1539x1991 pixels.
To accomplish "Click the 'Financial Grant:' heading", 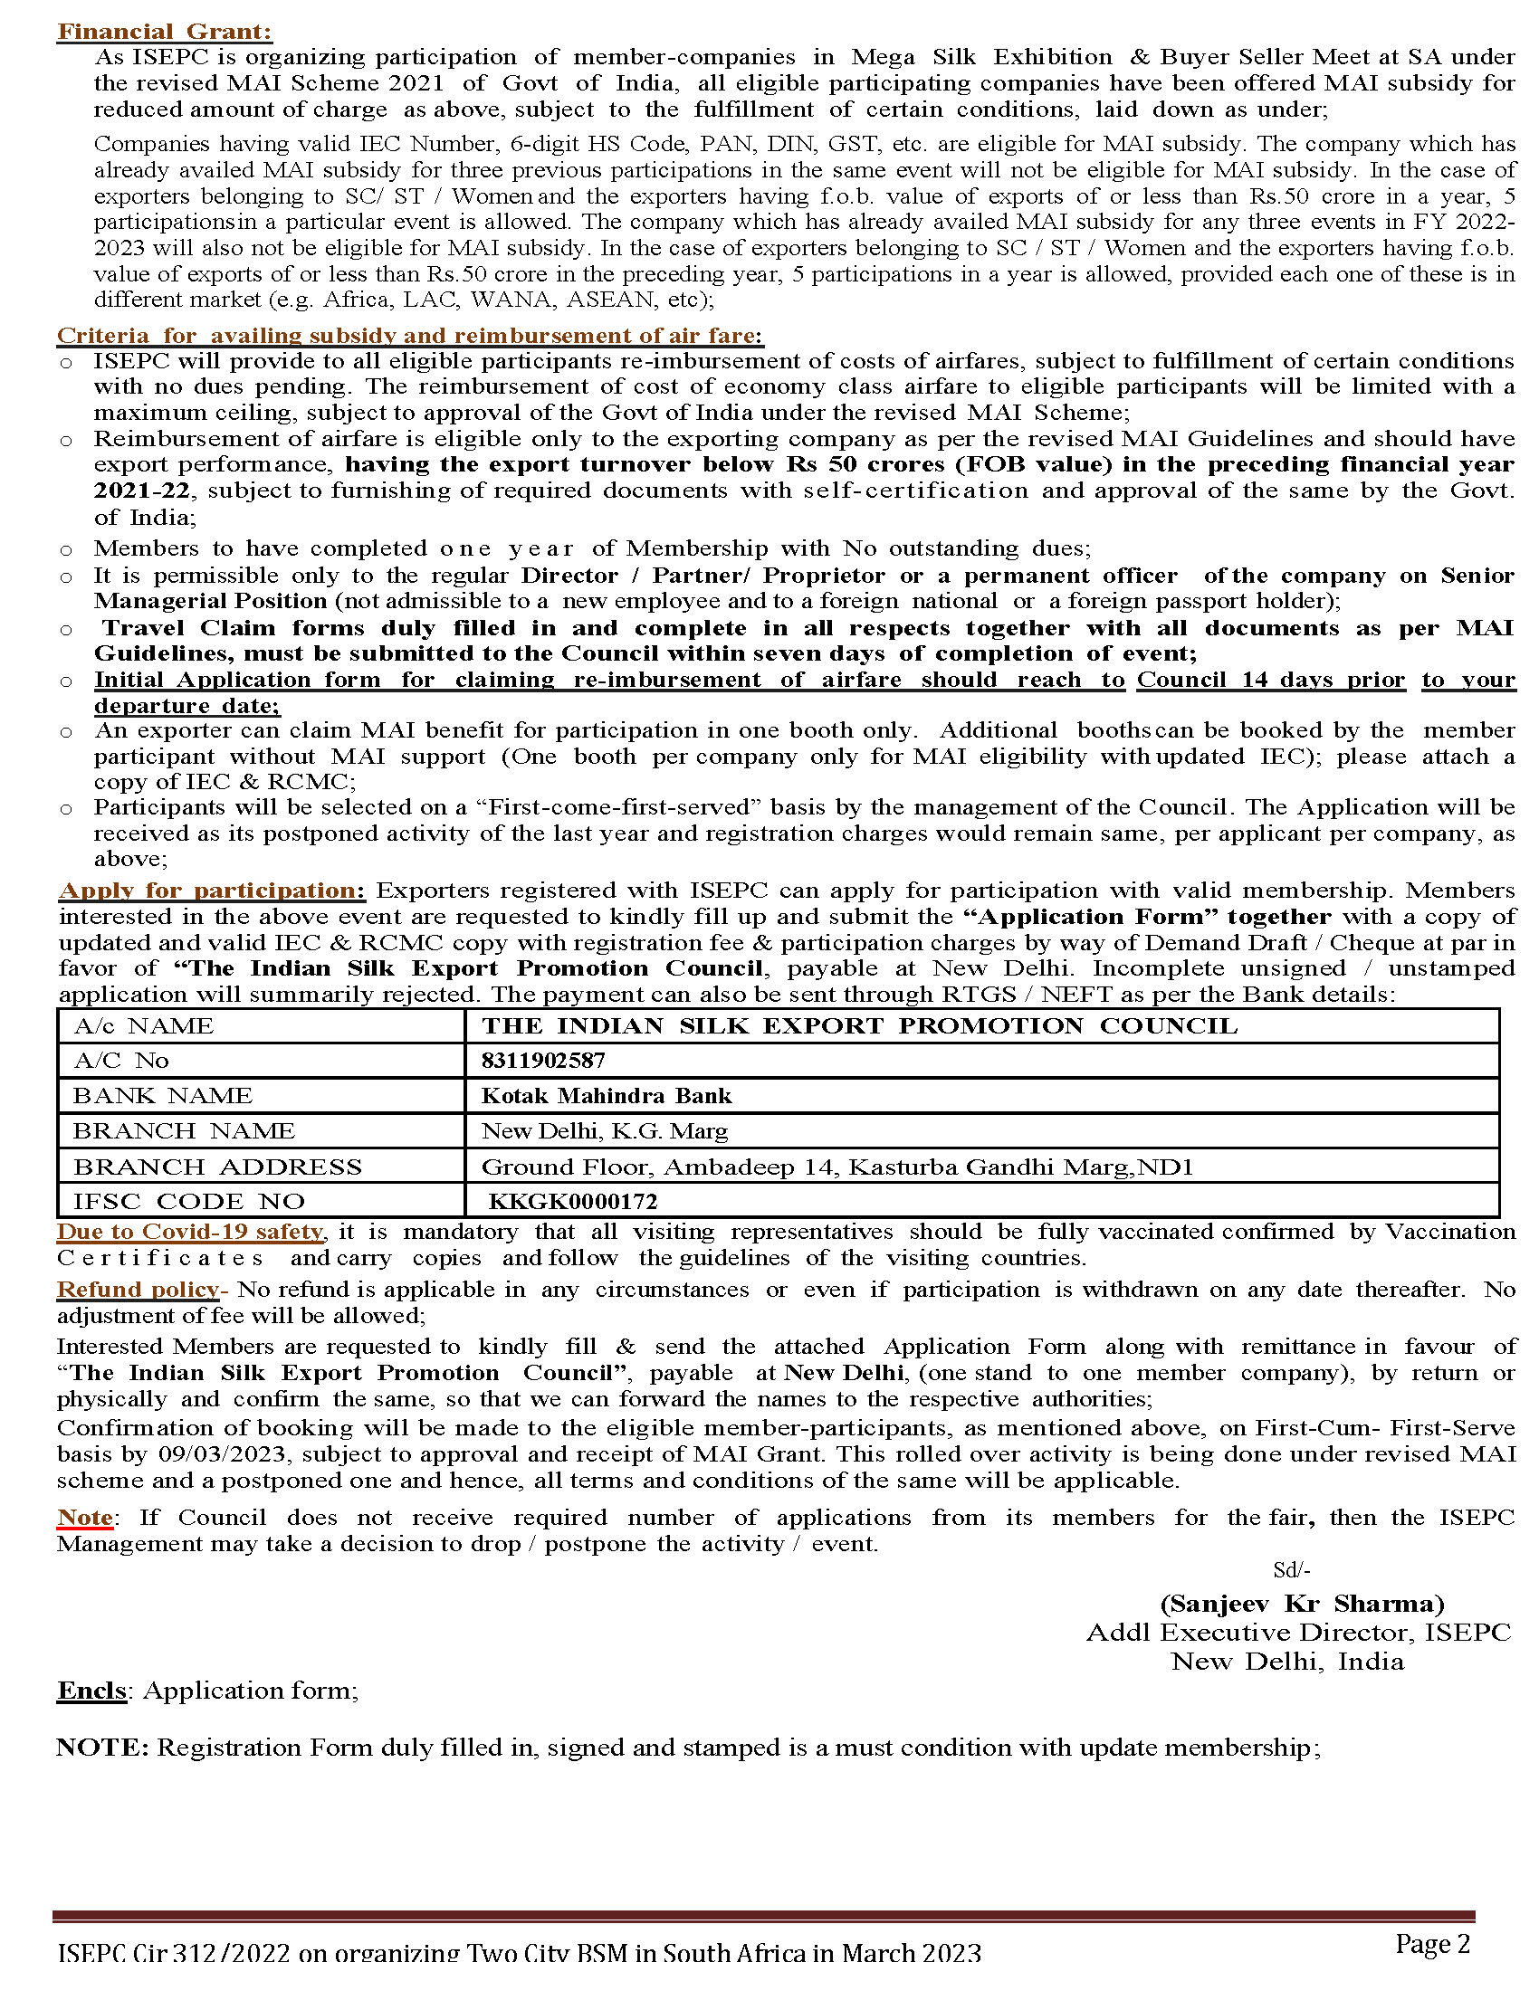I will pyautogui.click(x=164, y=32).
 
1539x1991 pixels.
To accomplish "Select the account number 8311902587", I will pyautogui.click(x=543, y=1061).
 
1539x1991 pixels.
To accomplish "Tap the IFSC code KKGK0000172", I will pyautogui.click(x=572, y=1202).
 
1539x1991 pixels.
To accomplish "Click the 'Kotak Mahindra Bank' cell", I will pyautogui.click(x=607, y=1096).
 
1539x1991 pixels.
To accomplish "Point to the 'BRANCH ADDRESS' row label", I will pyautogui.click(x=217, y=1167).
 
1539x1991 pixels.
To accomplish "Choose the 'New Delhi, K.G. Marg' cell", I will pyautogui.click(x=605, y=1131).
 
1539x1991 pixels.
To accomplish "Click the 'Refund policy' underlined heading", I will pyautogui.click(x=138, y=1290).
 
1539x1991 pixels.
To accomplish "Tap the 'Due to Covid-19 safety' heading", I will pyautogui.click(x=189, y=1232).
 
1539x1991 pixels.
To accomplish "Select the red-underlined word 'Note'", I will pyautogui.click(x=85, y=1518).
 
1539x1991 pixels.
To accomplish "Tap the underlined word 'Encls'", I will pyautogui.click(x=91, y=1691).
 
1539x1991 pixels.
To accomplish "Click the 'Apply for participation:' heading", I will pyautogui.click(x=212, y=891).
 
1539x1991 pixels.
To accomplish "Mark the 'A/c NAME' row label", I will pyautogui.click(x=143, y=1026).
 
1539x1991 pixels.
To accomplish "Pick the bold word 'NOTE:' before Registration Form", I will pyautogui.click(x=102, y=1748).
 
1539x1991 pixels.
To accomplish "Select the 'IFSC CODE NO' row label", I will pyautogui.click(x=188, y=1202).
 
